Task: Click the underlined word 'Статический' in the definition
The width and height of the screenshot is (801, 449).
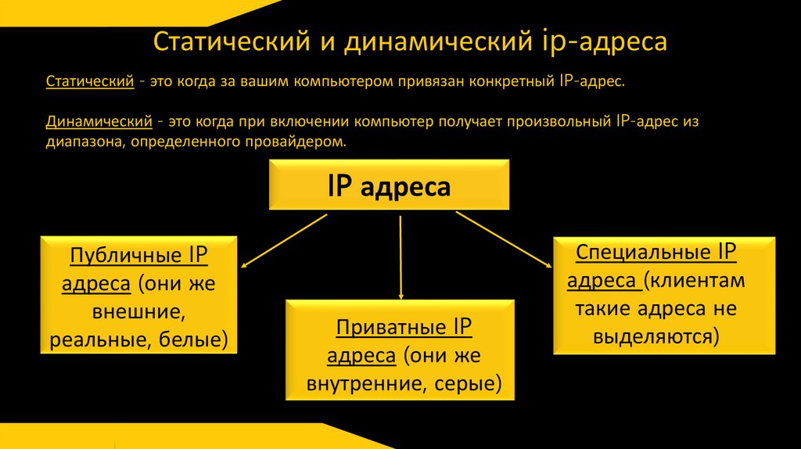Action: coord(89,82)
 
